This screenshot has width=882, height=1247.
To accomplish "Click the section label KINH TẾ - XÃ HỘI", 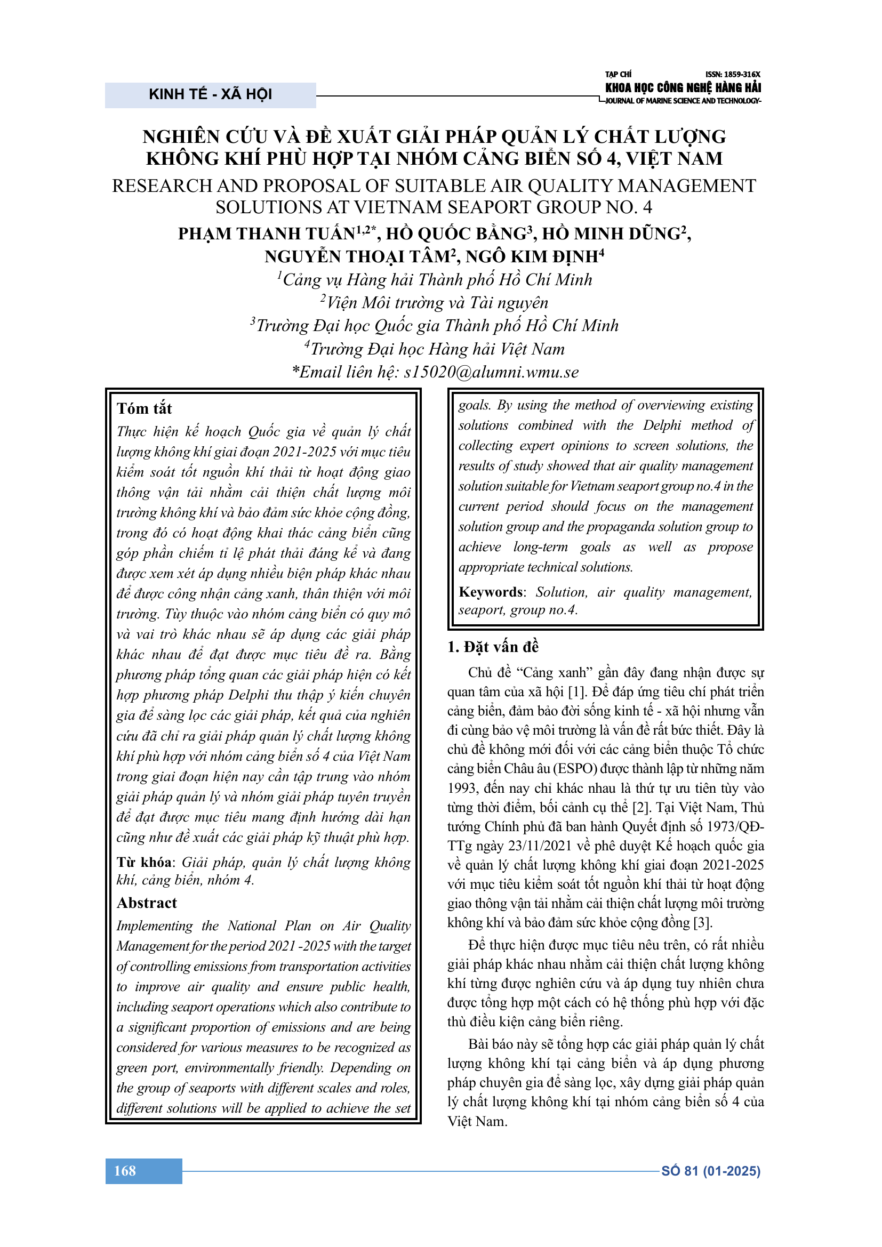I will pyautogui.click(x=210, y=94).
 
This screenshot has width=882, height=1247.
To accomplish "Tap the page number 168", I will pyautogui.click(x=125, y=1170).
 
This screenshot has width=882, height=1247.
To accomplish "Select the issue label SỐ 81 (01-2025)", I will pyautogui.click(x=710, y=1171).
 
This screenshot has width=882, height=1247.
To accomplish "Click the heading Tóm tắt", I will pyautogui.click(x=144, y=408).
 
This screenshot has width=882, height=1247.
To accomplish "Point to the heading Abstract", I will pyautogui.click(x=147, y=903).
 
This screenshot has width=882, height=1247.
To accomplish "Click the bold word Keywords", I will pyautogui.click(x=491, y=592).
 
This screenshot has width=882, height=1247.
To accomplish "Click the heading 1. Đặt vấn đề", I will pyautogui.click(x=493, y=647).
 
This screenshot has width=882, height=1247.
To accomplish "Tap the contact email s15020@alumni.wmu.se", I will pyautogui.click(x=491, y=372).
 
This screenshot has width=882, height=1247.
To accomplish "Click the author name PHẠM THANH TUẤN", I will pyautogui.click(x=266, y=234).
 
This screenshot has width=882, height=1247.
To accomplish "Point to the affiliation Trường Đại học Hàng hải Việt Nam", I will pyautogui.click(x=437, y=349).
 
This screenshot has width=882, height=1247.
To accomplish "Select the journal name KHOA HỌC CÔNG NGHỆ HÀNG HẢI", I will pyautogui.click(x=683, y=87).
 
